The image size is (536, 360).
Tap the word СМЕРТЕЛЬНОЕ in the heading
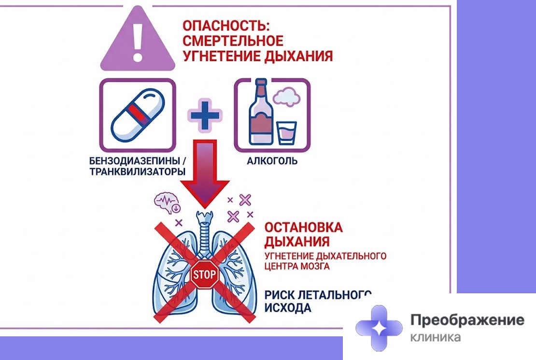[233, 41]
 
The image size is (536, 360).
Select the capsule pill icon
[138, 115]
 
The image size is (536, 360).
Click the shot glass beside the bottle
[287, 133]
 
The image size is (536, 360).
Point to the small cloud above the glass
[287, 96]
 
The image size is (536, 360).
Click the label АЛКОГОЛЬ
[272, 161]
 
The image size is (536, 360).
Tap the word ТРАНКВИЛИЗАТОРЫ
[138, 172]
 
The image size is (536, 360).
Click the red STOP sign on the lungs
[204, 274]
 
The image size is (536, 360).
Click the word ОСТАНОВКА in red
[304, 228]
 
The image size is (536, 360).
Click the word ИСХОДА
[288, 308]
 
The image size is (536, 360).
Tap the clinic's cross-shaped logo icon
[379, 328]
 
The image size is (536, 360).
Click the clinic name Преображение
[467, 320]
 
